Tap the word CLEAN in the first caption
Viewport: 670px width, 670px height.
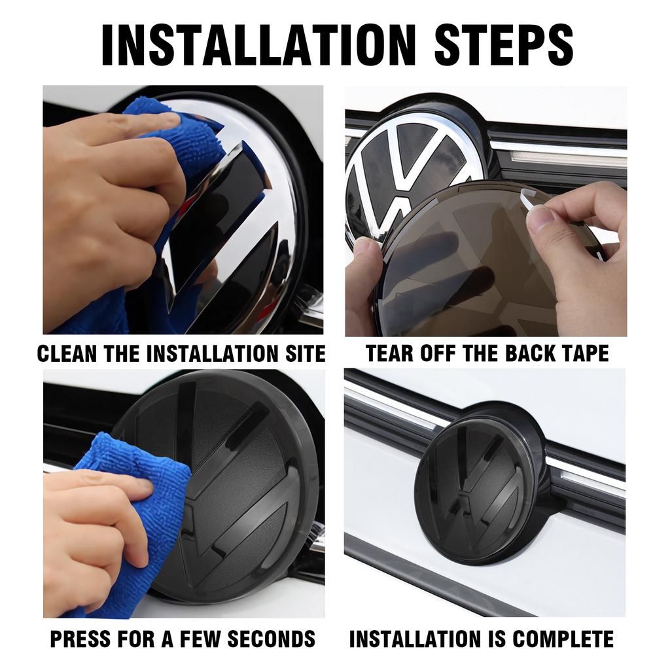(x=65, y=353)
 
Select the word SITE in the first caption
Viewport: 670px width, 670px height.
(x=302, y=353)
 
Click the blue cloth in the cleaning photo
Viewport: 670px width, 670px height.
(x=190, y=141)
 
